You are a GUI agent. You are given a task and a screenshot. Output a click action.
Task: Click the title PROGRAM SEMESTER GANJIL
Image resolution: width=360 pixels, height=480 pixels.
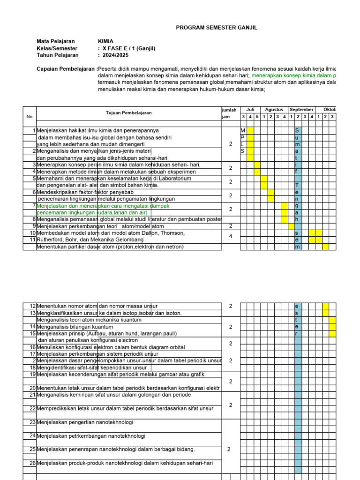(x=217, y=28)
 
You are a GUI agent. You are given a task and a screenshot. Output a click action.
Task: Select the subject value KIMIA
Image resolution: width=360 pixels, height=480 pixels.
(x=105, y=41)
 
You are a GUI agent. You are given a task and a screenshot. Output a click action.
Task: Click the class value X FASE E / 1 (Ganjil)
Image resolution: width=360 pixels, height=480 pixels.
(x=128, y=48)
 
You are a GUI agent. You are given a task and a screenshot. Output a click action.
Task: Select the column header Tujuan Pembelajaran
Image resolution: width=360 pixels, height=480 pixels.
(x=128, y=113)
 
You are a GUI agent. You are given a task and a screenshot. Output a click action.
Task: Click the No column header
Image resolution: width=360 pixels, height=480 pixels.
(x=30, y=116)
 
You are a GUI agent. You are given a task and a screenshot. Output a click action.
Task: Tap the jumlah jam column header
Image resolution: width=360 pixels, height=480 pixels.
(x=230, y=113)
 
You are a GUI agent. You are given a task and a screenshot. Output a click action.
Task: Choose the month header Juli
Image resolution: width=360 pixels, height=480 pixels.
(x=250, y=110)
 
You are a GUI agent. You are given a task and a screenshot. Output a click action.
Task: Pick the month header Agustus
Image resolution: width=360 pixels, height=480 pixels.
(x=274, y=110)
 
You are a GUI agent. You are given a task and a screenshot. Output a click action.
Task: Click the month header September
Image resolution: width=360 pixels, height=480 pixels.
(x=301, y=110)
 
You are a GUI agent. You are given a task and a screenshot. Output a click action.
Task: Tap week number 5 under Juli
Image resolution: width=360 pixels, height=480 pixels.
(x=257, y=116)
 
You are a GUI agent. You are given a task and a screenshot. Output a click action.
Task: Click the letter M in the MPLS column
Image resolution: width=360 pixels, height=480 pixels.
(x=243, y=130)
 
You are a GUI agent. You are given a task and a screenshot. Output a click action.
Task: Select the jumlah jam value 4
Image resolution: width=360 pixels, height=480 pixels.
(x=231, y=237)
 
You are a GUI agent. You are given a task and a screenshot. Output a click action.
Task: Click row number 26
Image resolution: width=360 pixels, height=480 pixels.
(x=32, y=463)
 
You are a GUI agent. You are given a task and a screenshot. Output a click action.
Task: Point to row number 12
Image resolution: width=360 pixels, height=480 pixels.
(x=32, y=306)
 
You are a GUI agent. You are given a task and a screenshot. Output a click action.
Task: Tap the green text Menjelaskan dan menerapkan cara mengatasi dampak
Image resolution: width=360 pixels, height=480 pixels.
(x=103, y=206)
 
